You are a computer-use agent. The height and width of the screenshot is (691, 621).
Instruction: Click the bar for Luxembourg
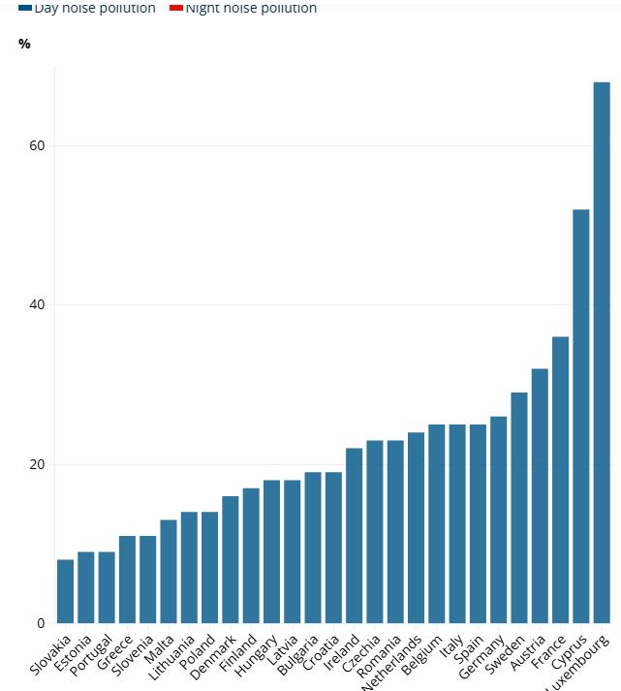click(x=602, y=353)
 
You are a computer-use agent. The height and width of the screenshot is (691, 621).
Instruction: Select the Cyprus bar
click(x=581, y=417)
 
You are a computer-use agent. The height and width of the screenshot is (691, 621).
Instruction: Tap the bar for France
click(x=560, y=480)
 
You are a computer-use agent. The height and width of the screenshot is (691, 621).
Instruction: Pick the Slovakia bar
click(x=65, y=591)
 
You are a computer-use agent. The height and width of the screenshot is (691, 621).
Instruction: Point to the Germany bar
click(x=498, y=519)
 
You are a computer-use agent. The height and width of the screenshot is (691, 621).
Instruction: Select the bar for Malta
click(x=169, y=572)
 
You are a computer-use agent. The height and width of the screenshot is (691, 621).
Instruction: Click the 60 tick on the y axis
click(x=36, y=145)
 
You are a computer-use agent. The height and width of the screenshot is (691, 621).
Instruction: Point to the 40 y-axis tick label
click(x=36, y=305)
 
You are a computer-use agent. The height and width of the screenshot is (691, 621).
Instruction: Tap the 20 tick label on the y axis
click(x=36, y=464)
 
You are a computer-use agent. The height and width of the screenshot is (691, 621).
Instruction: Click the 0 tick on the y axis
click(x=40, y=623)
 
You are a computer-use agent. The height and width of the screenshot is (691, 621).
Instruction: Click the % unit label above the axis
click(x=24, y=44)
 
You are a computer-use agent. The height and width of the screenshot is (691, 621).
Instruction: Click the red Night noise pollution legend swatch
click(x=176, y=8)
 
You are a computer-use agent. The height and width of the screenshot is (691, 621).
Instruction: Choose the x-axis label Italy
click(x=450, y=648)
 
